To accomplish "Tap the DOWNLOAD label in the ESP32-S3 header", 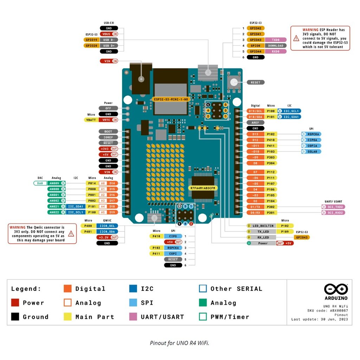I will [275, 45].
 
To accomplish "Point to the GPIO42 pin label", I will [255, 28].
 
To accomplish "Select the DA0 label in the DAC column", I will [40, 183].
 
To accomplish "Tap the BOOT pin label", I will [108, 131].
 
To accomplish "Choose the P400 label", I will [88, 225].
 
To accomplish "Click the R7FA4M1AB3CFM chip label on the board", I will [202, 188].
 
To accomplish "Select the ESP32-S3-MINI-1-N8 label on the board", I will [171, 99].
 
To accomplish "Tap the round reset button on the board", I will [233, 82].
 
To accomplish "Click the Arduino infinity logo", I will [336, 289].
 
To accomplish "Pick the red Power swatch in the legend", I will [15, 303].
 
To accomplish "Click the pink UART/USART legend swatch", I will [133, 316].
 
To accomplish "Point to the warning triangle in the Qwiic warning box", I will [71, 233].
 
